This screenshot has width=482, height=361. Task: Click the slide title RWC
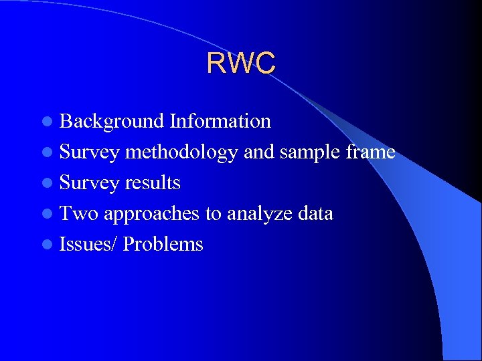pyautogui.click(x=241, y=63)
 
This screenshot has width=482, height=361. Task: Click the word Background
pyautogui.click(x=112, y=121)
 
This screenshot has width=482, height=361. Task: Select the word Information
pyautogui.click(x=220, y=121)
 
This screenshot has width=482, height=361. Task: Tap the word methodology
pyautogui.click(x=181, y=152)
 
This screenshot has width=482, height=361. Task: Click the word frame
pyautogui.click(x=370, y=152)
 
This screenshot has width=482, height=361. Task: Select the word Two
pyautogui.click(x=79, y=213)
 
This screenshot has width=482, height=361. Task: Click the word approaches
pyautogui.click(x=151, y=214)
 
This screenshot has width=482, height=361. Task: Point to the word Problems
pyautogui.click(x=163, y=244)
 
